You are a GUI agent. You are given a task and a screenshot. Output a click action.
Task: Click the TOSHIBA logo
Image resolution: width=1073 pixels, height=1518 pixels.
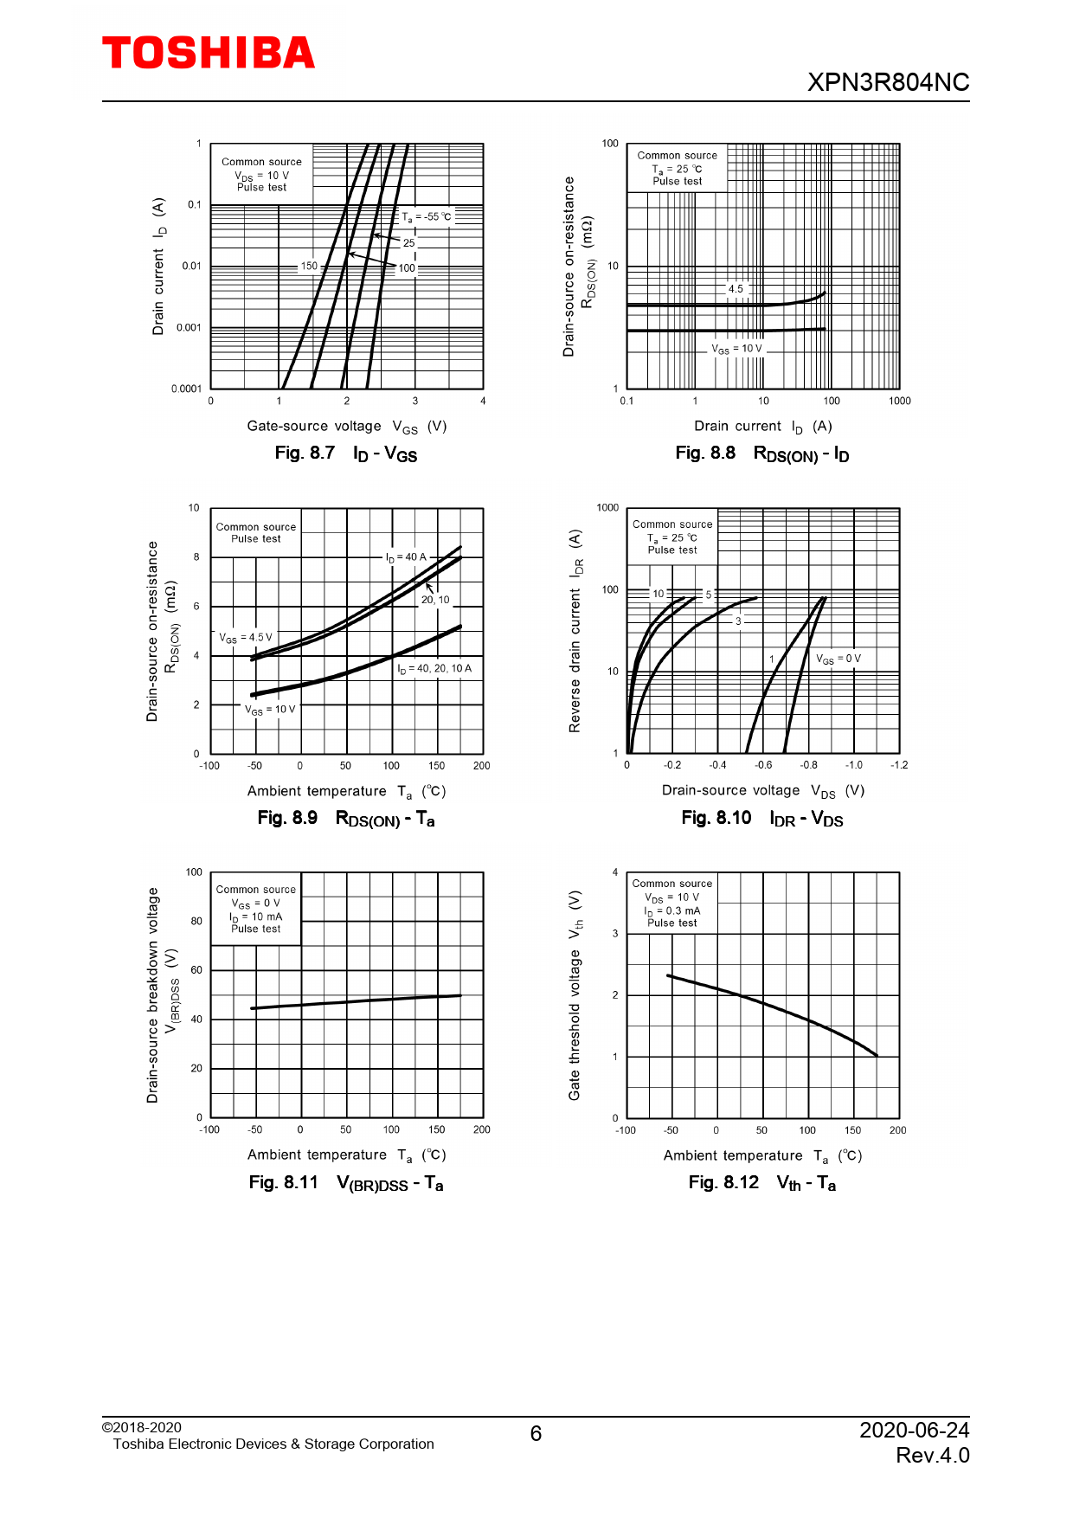pos(209,53)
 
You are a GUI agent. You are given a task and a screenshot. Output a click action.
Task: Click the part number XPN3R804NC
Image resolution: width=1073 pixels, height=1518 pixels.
pos(888,82)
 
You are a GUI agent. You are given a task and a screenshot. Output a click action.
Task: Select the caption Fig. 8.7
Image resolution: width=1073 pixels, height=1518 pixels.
pos(305,453)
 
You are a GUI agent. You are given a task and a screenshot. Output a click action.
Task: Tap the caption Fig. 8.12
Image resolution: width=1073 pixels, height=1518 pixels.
pos(723,1182)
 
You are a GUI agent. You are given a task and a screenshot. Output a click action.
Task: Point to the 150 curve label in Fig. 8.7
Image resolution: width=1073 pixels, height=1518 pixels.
pos(309,266)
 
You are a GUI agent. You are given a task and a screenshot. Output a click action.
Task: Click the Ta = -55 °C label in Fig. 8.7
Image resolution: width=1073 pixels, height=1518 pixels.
pos(427,216)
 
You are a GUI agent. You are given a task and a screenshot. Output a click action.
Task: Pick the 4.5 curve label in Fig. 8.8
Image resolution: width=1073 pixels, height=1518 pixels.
pos(736,289)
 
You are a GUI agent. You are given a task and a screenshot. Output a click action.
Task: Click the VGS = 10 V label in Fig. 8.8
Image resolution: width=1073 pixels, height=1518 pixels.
pos(737,349)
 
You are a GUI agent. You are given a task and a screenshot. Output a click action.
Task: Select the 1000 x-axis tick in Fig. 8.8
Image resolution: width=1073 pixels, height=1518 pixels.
pos(899,401)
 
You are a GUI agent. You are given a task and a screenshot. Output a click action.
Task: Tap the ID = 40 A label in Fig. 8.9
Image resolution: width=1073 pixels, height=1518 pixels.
pos(406,557)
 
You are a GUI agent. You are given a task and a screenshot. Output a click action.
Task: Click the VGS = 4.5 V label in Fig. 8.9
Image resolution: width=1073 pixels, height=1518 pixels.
pos(246,638)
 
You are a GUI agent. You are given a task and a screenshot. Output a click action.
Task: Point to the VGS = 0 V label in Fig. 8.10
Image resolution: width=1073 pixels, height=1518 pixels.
pos(838,659)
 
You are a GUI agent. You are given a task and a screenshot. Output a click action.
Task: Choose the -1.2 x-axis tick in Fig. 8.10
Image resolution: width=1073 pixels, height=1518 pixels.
pos(899,765)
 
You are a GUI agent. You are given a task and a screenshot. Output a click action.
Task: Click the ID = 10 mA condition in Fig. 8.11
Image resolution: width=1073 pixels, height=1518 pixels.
pos(256,917)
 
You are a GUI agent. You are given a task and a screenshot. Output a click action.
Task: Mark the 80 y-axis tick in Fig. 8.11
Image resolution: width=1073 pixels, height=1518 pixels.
pos(196,921)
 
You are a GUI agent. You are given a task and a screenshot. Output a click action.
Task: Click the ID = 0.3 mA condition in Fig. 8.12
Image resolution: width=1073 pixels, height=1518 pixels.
pos(672,910)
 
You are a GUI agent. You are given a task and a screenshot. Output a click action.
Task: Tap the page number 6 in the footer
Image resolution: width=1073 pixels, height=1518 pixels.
pos(536,1434)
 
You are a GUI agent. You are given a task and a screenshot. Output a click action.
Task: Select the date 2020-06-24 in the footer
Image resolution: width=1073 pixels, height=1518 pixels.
pos(914,1430)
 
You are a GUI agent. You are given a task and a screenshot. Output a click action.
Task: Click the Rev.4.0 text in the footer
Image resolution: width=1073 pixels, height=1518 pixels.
pos(932,1455)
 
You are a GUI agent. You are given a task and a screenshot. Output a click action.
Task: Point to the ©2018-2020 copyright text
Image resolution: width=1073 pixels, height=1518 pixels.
pos(142,1427)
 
